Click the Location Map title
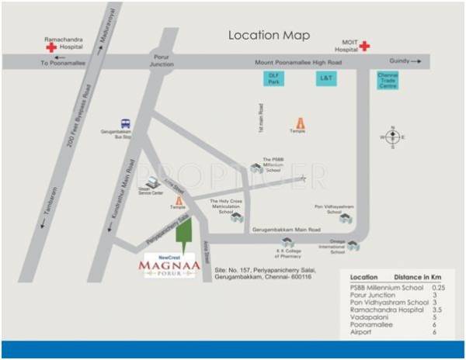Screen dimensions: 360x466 [269, 36]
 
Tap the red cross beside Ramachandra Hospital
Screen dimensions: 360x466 [51, 47]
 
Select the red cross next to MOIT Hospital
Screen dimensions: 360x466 [364, 46]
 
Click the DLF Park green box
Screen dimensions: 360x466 [273, 78]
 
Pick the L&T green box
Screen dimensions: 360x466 [325, 78]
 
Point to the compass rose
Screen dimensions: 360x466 [392, 137]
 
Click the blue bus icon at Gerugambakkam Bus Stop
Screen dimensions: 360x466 [125, 123]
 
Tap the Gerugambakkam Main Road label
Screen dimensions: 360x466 [287, 230]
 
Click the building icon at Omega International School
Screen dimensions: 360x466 [353, 245]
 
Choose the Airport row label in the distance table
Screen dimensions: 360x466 [362, 331]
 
